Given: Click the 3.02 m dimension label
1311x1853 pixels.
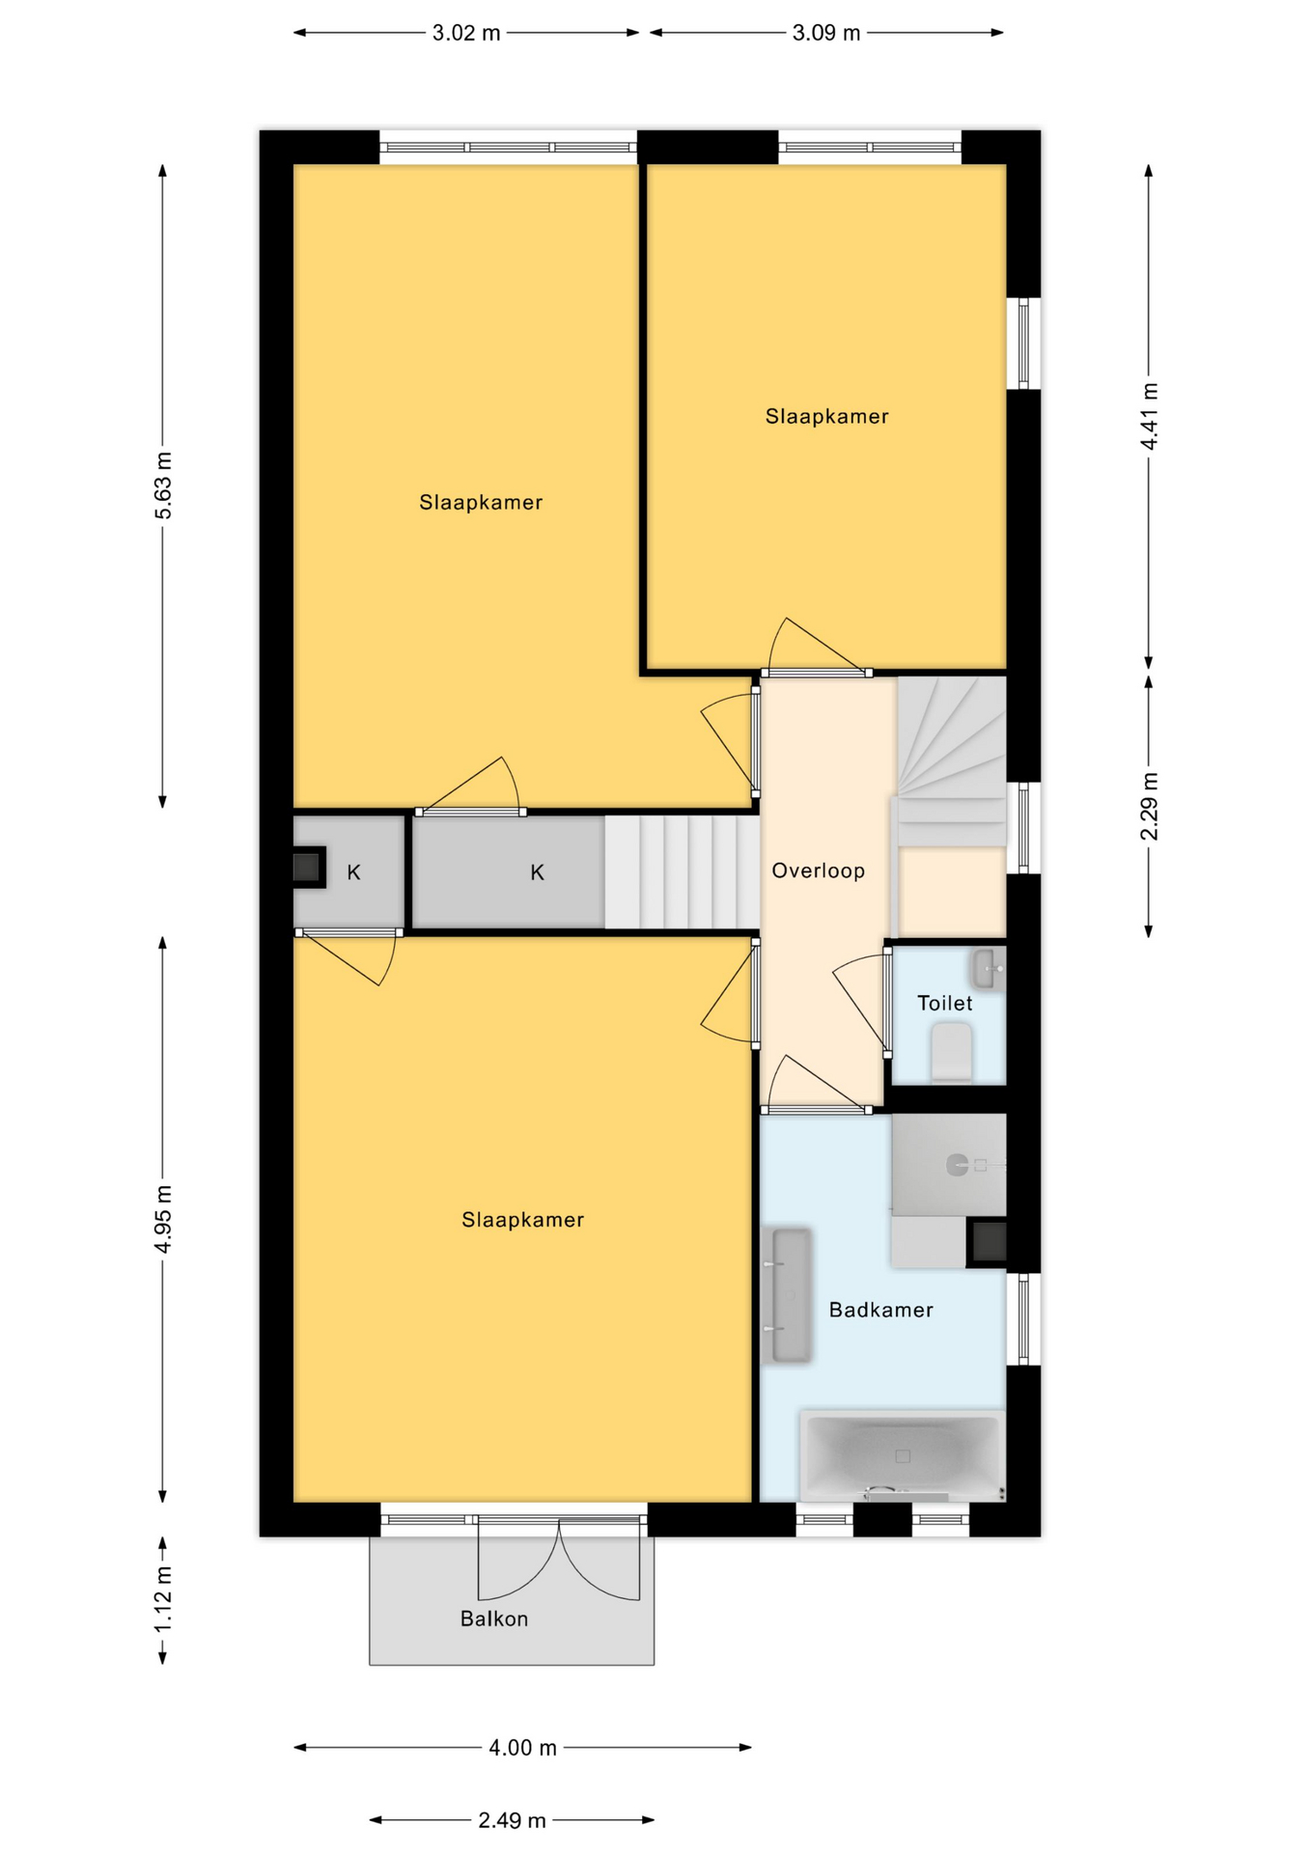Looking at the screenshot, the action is coord(466,33).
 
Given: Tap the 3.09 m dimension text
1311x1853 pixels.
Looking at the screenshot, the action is coord(826,33).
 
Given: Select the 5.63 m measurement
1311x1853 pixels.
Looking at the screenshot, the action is coord(163,485).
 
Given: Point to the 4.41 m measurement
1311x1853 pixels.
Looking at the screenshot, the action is coord(1149,416).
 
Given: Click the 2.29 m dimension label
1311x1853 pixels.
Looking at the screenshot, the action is coord(1149,807).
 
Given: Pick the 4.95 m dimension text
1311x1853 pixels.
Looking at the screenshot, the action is coord(163,1219).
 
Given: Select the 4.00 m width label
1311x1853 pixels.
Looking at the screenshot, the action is coord(522,1748).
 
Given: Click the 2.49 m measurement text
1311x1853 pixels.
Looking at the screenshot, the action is coord(512,1820).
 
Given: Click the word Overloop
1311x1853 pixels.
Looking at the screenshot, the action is coord(818,871).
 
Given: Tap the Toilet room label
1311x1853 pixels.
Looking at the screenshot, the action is coord(945,1003).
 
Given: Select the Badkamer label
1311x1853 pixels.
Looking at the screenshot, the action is coord(881,1310).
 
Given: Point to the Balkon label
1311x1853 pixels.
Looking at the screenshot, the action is coord(494,1618).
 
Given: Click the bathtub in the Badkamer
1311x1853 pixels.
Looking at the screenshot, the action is coord(902,1456).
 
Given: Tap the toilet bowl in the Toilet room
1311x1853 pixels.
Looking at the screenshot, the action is coord(951,1052).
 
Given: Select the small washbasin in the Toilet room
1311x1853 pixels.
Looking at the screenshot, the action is coord(989,969).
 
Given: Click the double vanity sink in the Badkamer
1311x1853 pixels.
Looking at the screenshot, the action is coord(787,1295).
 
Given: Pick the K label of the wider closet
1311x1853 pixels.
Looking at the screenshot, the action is coord(538,872).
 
